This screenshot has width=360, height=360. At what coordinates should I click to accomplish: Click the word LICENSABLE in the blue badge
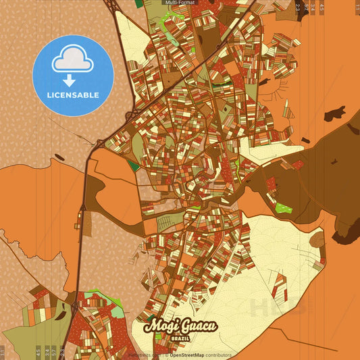(x=73, y=95)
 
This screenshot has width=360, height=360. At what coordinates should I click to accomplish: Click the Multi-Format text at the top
(x=180, y=3)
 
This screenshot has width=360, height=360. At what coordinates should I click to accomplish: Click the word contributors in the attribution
(x=218, y=355)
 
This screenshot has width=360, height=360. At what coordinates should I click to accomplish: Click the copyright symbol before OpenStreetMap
(x=166, y=355)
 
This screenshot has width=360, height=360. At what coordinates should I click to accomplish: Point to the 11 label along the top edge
(x=357, y=8)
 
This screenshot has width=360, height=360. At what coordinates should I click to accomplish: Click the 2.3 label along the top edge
(x=297, y=8)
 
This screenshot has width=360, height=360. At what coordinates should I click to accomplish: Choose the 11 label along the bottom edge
(x=3, y=351)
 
